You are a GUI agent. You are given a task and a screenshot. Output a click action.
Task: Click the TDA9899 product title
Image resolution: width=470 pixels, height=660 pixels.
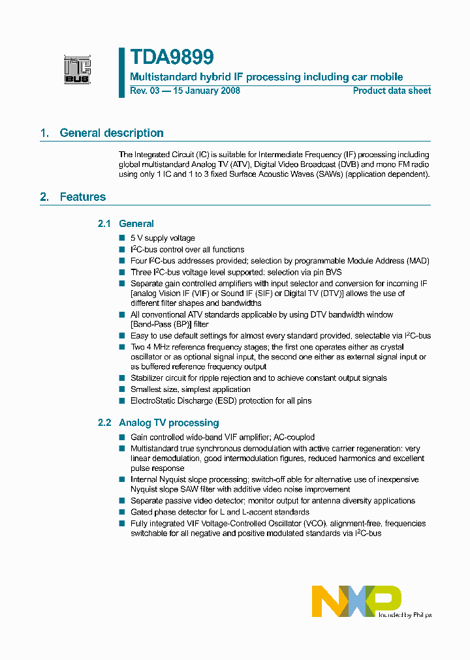tap(171, 58)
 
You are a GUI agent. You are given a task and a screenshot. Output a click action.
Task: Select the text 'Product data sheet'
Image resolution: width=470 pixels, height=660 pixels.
tap(392, 91)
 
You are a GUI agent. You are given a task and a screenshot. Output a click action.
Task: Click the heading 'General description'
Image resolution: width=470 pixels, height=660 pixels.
tap(111, 133)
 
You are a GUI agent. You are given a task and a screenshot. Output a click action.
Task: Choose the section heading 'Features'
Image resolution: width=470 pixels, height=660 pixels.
tap(82, 197)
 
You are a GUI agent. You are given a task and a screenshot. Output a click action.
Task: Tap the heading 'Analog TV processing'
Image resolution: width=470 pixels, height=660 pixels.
tap(168, 423)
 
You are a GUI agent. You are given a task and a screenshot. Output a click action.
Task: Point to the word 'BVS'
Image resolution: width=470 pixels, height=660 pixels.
tap(332, 272)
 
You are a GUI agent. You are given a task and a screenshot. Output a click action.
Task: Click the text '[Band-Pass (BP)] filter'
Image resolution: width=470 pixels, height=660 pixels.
tap(170, 324)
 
